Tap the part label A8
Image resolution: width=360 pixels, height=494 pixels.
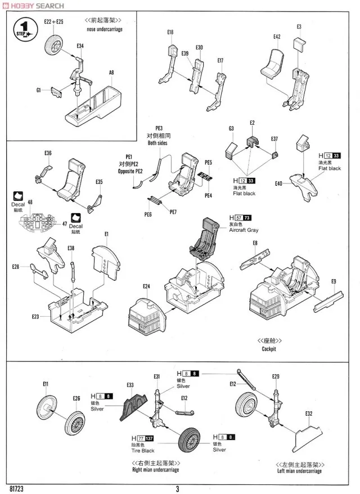point(111,72)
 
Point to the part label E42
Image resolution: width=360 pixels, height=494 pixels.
point(277,37)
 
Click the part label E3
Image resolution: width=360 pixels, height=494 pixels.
point(299,26)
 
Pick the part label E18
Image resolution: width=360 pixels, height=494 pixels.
point(170,33)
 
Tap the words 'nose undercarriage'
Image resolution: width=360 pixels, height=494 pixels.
point(105,29)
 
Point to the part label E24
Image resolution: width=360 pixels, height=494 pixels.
point(146,286)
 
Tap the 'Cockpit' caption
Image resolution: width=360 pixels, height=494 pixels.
point(269,349)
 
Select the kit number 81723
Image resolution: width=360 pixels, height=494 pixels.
point(17,488)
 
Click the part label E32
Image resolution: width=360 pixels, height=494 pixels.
point(309,414)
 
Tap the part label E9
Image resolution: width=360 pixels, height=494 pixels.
point(334,281)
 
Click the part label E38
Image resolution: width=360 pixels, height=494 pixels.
point(70,248)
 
